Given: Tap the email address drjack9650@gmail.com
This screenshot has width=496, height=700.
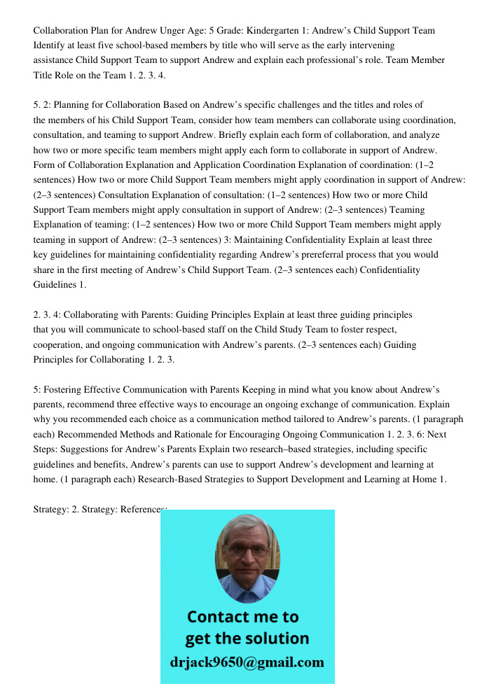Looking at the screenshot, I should point(247,662).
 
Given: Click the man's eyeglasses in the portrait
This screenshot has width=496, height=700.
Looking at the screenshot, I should point(247,551).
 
